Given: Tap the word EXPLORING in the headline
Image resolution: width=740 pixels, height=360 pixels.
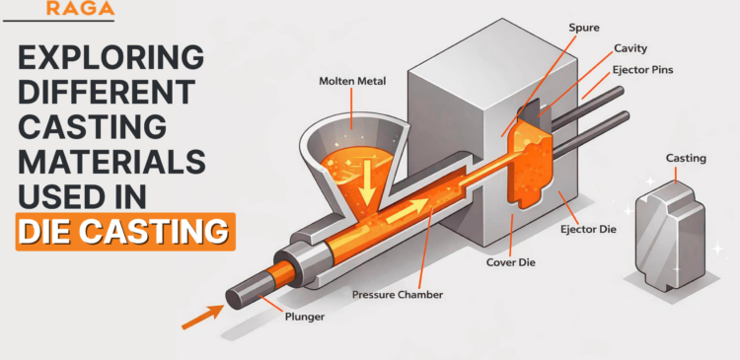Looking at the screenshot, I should (111, 57).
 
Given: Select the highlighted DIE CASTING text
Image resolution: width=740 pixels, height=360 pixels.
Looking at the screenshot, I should (125, 233).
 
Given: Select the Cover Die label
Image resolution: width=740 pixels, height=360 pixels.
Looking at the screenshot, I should (509, 263).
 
